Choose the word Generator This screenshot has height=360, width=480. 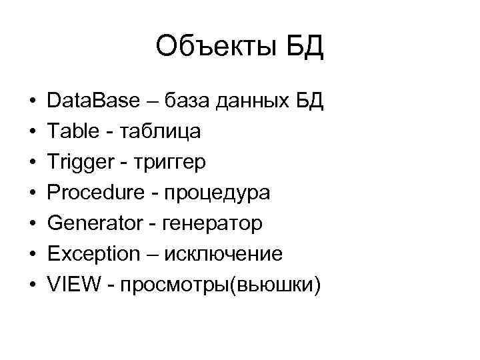[x=95, y=224]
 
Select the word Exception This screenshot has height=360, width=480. [x=94, y=255]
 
